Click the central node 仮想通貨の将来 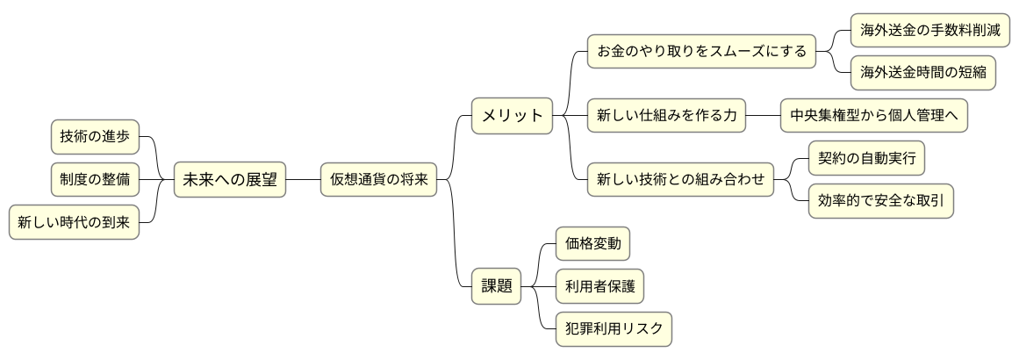pyautogui.click(x=378, y=180)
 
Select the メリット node pyautogui.click(x=513, y=116)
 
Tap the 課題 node pyautogui.click(x=496, y=286)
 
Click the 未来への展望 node pyautogui.click(x=229, y=180)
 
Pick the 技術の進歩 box pyautogui.click(x=95, y=137)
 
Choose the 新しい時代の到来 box pyautogui.click(x=74, y=223)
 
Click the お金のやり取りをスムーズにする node pyautogui.click(x=701, y=51)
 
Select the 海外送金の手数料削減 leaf pyautogui.click(x=930, y=30)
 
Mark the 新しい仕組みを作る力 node pyautogui.click(x=666, y=116)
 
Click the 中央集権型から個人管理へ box pyautogui.click(x=874, y=116)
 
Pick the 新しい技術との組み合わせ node pyautogui.click(x=680, y=180)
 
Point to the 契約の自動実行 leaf pyautogui.click(x=865, y=159)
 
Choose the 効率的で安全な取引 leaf pyautogui.click(x=880, y=202)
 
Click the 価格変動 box pyautogui.click(x=593, y=243)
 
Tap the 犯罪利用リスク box pyautogui.click(x=614, y=329)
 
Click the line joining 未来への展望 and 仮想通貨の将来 pyautogui.click(x=303, y=180)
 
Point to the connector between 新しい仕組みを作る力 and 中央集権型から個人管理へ pyautogui.click(x=763, y=116)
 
